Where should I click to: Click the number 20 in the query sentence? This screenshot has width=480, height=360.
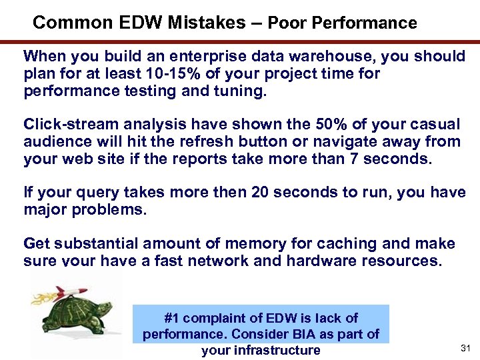[x=261, y=193]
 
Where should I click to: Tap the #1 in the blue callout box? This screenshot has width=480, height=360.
[x=171, y=318]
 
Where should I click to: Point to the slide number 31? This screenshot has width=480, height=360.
[x=465, y=349]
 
